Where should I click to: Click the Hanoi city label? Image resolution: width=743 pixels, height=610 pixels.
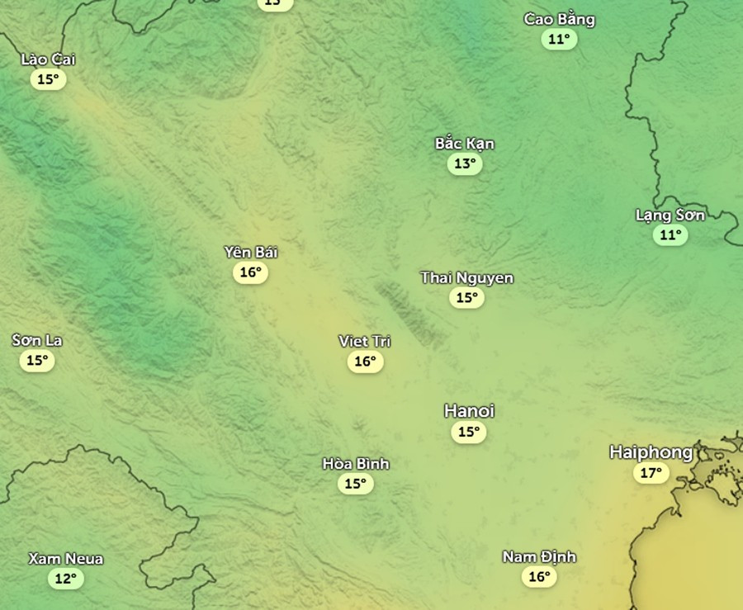(469, 411)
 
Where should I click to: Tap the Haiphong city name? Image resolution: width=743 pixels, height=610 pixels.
(651, 452)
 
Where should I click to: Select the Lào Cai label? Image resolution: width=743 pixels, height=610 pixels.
(48, 59)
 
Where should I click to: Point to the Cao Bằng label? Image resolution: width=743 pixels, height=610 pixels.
(559, 20)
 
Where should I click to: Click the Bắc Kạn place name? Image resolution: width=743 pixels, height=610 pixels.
(465, 144)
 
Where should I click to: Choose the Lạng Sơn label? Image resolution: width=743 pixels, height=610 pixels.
(670, 215)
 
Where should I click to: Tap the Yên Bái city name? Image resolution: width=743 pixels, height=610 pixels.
(250, 252)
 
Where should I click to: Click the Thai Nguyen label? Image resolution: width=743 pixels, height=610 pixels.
(466, 278)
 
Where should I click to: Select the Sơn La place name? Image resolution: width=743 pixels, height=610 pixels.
(37, 340)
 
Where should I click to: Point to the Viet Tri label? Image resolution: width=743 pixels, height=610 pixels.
(365, 341)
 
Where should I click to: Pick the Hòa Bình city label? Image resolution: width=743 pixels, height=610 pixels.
(355, 464)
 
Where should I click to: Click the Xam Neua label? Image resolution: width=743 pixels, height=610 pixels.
(65, 559)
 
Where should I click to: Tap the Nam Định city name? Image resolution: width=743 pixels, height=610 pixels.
(539, 557)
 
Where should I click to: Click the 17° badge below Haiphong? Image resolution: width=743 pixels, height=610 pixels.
(651, 473)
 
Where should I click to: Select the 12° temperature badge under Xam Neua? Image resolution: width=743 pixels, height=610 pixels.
(65, 579)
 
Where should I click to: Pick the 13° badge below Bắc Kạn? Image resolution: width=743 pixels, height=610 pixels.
(465, 163)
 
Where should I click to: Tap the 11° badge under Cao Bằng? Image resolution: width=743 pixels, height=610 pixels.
(559, 39)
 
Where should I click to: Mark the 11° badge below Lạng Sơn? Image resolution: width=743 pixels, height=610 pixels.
(670, 235)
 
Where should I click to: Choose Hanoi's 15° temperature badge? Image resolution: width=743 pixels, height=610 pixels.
(469, 432)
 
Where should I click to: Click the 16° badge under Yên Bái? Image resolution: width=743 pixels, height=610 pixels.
(250, 272)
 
